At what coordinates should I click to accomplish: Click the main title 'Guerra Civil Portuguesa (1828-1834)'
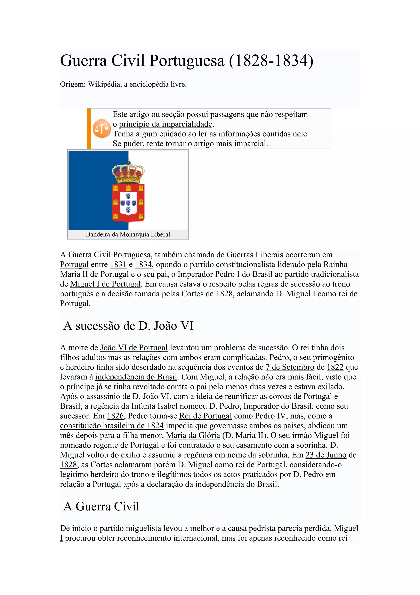click(x=187, y=61)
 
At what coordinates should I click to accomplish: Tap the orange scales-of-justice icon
click(x=102, y=129)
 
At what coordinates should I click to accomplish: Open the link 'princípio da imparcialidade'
click(x=165, y=124)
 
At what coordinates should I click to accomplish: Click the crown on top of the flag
click(x=128, y=172)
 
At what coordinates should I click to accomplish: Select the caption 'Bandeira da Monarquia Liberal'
click(x=128, y=235)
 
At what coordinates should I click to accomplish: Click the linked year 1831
click(x=118, y=265)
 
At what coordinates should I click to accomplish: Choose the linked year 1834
click(x=143, y=265)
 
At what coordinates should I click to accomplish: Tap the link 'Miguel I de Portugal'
click(x=105, y=284)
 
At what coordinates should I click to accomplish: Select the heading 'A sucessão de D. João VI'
click(x=128, y=326)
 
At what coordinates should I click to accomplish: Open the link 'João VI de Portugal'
click(x=134, y=348)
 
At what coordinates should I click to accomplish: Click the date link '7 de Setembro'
click(x=290, y=367)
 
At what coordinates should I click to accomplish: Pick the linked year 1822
click(x=335, y=367)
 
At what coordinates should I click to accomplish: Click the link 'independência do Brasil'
click(x=136, y=377)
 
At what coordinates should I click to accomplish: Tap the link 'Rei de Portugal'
click(x=205, y=416)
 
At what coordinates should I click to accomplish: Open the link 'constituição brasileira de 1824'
click(x=112, y=426)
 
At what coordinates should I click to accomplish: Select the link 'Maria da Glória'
click(x=193, y=435)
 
